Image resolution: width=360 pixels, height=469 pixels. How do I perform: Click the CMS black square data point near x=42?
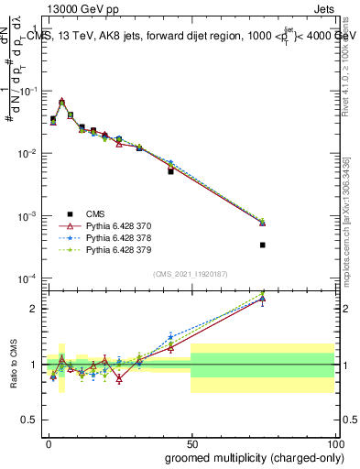[x=170, y=171]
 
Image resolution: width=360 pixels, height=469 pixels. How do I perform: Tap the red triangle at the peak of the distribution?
[x=61, y=102]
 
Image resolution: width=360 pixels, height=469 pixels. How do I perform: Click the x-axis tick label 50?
[x=191, y=442]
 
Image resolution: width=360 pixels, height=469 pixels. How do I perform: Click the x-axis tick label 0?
[x=48, y=442]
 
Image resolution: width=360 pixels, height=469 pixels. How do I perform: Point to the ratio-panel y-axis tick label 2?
[x=34, y=309]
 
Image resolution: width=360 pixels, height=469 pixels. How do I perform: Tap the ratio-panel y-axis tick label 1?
[x=34, y=365]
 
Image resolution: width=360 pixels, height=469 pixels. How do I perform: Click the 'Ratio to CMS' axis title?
[x=12, y=365]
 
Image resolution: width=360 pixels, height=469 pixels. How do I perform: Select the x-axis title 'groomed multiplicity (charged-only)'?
[x=251, y=457]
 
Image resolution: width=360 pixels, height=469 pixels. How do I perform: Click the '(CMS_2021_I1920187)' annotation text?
[x=191, y=274]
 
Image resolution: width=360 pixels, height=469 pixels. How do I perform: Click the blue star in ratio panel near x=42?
[x=170, y=337]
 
